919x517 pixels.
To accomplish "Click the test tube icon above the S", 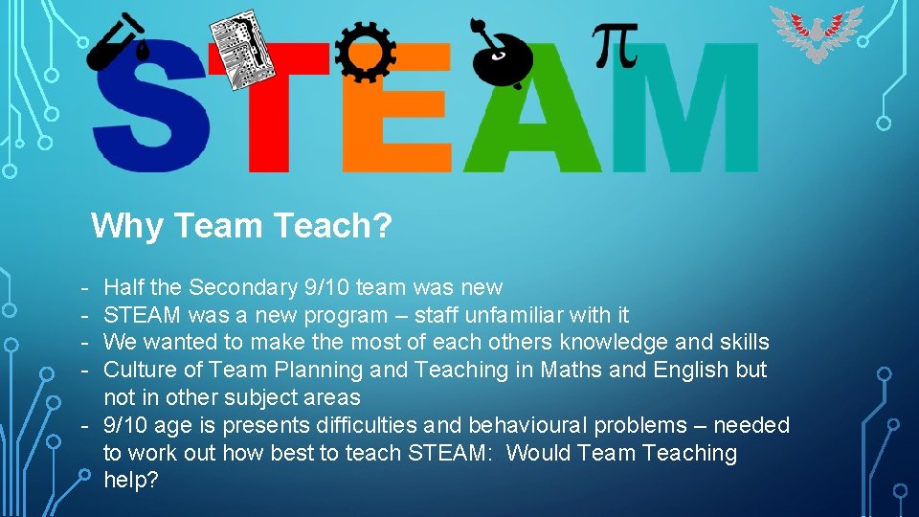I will pyautogui.click(x=117, y=44).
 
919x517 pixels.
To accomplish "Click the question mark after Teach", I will pyautogui.click(x=384, y=227).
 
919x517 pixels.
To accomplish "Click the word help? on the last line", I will pyautogui.click(x=131, y=481).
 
